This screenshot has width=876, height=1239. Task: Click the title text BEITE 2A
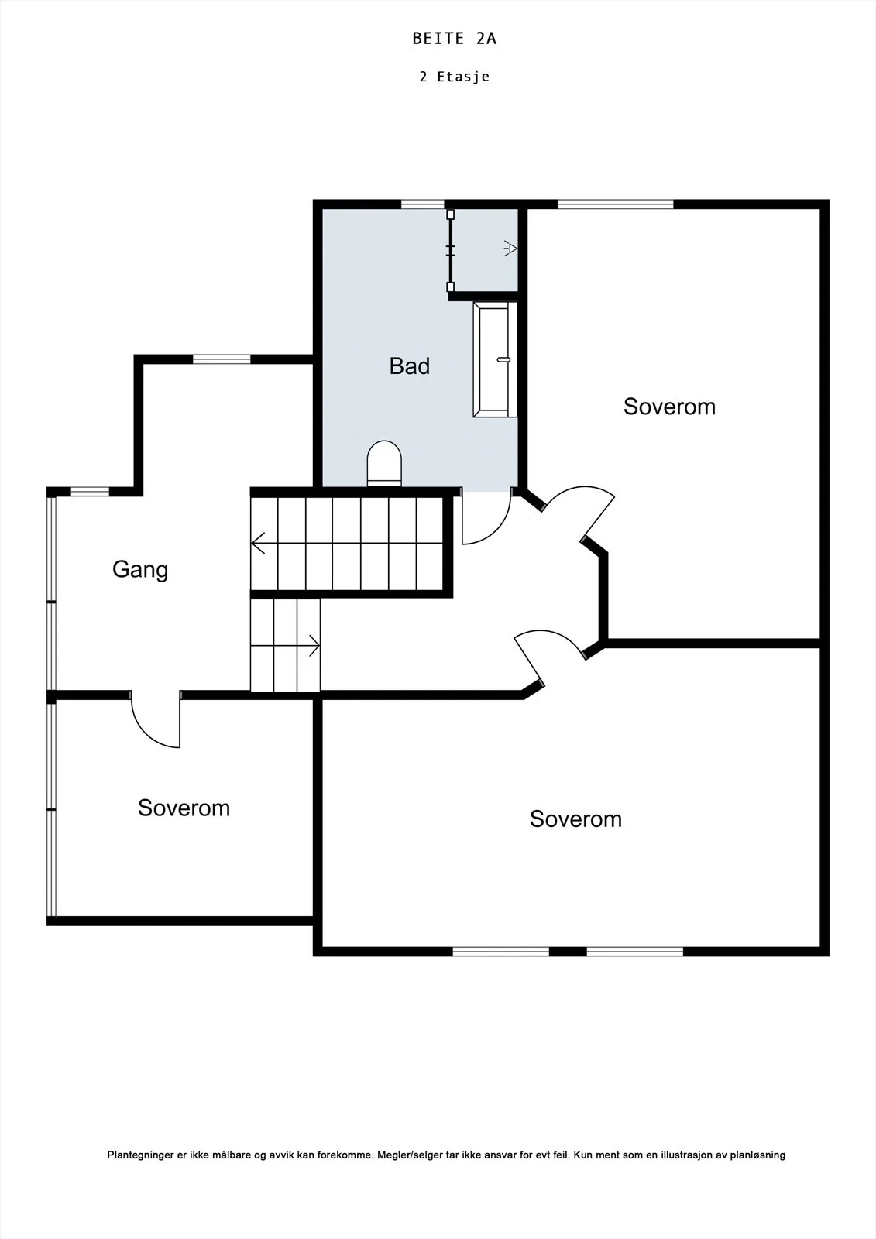pos(455,39)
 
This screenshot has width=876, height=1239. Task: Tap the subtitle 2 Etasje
pos(455,77)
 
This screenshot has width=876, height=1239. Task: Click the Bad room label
pos(410,366)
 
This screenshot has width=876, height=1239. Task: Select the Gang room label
pos(140,570)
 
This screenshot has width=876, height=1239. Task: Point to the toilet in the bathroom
pos(384,464)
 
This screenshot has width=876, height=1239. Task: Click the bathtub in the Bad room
pos(495,359)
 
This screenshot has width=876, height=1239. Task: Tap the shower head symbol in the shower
pos(510,249)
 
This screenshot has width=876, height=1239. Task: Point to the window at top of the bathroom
pos(423,204)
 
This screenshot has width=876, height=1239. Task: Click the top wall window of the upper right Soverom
pos(615,204)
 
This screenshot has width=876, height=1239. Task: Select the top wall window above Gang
pos(222,359)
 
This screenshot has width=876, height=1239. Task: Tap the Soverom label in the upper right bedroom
pos(670,407)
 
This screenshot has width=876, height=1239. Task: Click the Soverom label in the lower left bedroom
pos(184,808)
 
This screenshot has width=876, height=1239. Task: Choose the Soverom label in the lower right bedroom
pos(575,819)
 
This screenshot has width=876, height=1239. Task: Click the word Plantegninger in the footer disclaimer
pos(141,1155)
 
